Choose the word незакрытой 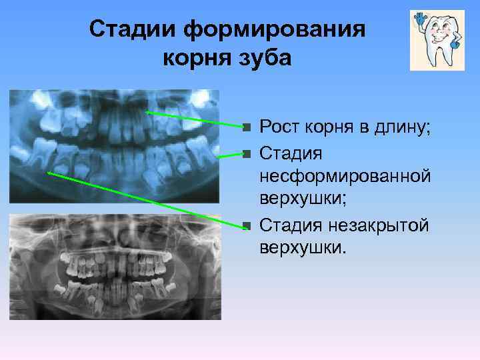click(385, 224)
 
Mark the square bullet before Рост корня click(246, 126)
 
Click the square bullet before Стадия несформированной click(246, 154)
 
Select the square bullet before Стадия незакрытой click(246, 225)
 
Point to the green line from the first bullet click(193, 119)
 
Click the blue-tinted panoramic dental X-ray click(113, 145)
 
